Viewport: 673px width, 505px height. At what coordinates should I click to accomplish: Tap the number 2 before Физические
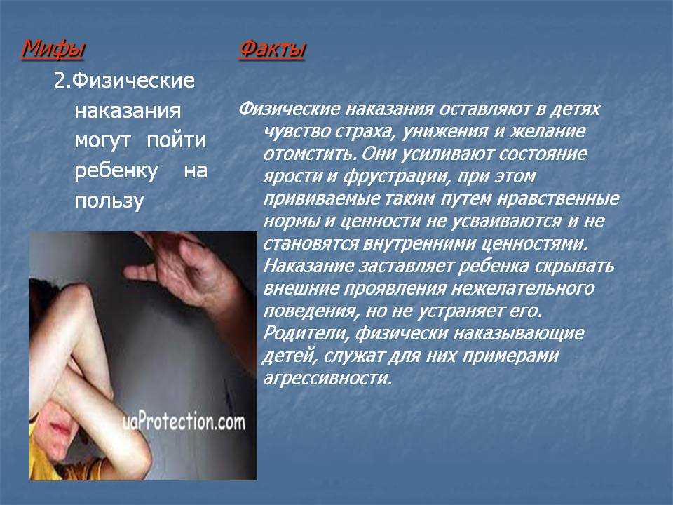pos(60,80)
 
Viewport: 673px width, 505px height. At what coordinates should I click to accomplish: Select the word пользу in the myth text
pos(109,201)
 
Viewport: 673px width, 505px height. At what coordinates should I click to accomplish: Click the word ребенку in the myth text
pos(116,170)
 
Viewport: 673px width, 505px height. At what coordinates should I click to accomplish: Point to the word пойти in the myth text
pos(177,140)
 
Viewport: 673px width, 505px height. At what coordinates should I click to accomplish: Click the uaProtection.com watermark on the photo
pos(184,421)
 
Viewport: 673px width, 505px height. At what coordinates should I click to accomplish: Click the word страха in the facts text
pos(364,131)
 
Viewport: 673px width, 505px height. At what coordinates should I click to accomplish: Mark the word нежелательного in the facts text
pos(523,288)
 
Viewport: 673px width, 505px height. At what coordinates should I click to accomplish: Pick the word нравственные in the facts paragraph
pos(559,198)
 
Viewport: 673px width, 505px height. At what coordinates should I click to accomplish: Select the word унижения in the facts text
pos(444,131)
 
